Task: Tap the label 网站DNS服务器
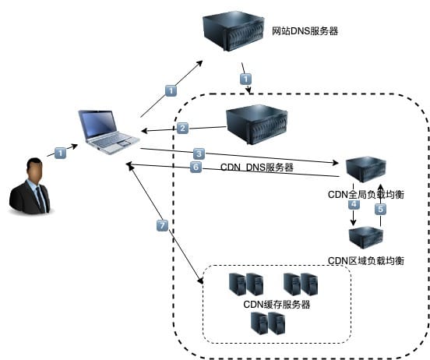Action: click(305, 32)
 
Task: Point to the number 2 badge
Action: click(183, 128)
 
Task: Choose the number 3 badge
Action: click(199, 154)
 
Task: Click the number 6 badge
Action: click(196, 167)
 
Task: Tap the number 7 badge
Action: click(162, 225)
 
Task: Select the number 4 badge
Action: click(353, 204)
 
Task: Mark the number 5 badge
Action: click(380, 209)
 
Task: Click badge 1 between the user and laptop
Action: click(61, 153)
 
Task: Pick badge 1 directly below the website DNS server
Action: click(246, 79)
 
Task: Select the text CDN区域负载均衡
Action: click(365, 259)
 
